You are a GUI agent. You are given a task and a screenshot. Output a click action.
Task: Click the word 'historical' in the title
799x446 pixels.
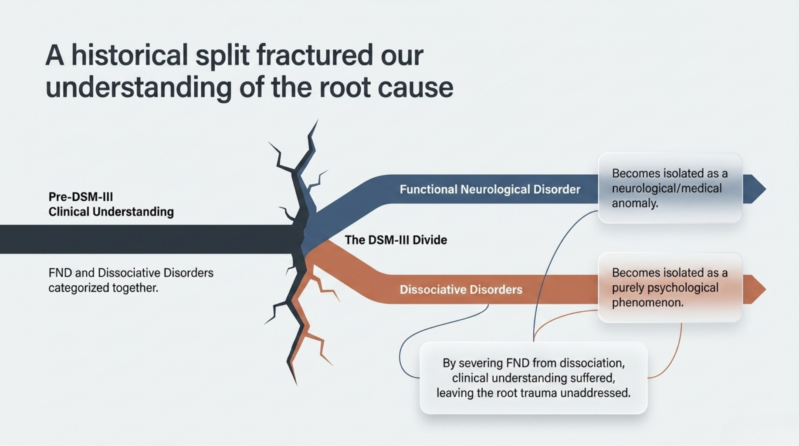click(129, 55)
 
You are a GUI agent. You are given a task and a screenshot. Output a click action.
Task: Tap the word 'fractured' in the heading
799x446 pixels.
click(315, 55)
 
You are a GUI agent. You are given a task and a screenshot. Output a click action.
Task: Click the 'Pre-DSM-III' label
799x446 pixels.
click(81, 196)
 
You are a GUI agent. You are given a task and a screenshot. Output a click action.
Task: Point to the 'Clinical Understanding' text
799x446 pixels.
click(111, 212)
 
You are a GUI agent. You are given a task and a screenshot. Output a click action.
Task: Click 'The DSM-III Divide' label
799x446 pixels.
click(396, 240)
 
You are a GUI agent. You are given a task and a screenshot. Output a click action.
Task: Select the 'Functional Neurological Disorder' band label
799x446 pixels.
click(490, 189)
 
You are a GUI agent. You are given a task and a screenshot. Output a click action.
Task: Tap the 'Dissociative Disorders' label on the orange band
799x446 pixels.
click(461, 290)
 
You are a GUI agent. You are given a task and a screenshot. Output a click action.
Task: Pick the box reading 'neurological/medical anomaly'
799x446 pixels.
click(670, 188)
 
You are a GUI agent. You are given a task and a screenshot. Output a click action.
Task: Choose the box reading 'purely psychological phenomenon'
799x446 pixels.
click(670, 287)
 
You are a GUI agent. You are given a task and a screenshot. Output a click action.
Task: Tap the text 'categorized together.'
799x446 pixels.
click(103, 288)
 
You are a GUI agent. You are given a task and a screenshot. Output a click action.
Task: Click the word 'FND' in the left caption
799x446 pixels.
click(60, 273)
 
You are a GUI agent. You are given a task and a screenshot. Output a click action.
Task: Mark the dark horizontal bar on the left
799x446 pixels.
click(144, 239)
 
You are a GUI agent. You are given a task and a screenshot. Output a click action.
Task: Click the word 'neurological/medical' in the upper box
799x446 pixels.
click(667, 188)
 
